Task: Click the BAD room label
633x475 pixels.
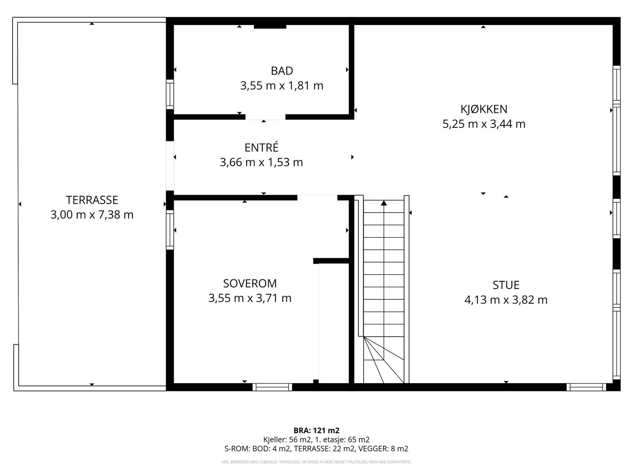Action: click(282, 71)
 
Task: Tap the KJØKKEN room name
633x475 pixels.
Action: click(483, 109)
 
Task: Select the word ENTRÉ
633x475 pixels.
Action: click(261, 147)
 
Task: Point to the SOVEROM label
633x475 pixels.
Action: click(250, 283)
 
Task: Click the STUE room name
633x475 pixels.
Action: click(506, 285)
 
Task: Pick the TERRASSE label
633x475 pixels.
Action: click(92, 200)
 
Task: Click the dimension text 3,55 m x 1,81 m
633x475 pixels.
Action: click(282, 86)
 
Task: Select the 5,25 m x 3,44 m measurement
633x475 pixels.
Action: click(483, 124)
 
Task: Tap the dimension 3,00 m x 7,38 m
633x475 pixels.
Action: click(92, 215)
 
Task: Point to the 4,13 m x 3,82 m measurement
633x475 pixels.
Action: click(506, 300)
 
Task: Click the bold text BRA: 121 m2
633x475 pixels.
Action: click(316, 430)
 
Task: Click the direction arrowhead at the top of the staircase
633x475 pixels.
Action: click(383, 203)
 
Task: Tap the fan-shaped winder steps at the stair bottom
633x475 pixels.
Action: click(383, 360)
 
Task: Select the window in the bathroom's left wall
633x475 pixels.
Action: click(170, 94)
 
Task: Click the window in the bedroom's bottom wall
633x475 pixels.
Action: click(272, 387)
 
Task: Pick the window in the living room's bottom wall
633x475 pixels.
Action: click(586, 387)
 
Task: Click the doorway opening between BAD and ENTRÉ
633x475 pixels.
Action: click(265, 117)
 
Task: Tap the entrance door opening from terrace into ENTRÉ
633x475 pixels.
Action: click(170, 165)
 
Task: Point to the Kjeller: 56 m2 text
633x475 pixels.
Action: click(288, 439)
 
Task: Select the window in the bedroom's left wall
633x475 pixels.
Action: click(170, 230)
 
